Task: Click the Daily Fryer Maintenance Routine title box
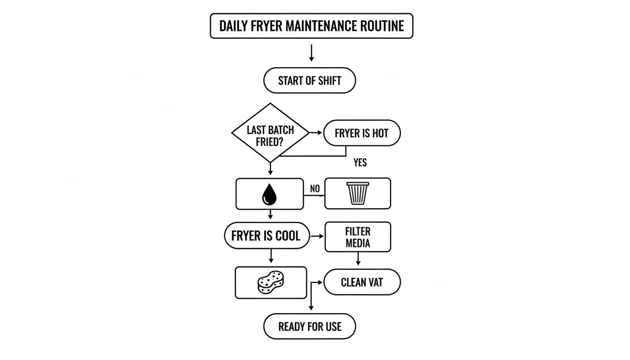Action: pos(311,26)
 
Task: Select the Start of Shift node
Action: pos(309,81)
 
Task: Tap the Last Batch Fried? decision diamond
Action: pos(270,133)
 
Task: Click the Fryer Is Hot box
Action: pos(361,133)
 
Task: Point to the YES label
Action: pos(360,163)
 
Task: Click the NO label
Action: pos(315,189)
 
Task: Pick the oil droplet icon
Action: pos(269,194)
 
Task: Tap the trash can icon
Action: pos(358,193)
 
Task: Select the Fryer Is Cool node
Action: pos(266,235)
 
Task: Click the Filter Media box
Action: pos(358,237)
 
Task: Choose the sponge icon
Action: pos(271,282)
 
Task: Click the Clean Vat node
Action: pos(362,282)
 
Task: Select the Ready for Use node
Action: pos(309,327)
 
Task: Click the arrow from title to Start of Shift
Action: pos(311,53)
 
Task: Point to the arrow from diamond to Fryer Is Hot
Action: pos(316,133)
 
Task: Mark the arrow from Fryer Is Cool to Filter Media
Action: pos(317,236)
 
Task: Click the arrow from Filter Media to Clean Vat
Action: pos(358,259)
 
